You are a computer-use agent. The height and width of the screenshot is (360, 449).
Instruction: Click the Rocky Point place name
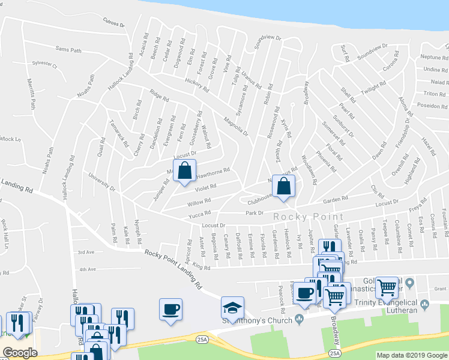(x=309, y=217)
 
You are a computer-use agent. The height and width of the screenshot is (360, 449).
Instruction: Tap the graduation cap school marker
(x=232, y=308)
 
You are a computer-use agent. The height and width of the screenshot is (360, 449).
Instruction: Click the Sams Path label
(x=68, y=50)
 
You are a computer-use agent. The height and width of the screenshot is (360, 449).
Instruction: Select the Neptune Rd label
(x=432, y=56)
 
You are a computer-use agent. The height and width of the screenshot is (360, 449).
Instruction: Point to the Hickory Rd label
(x=196, y=85)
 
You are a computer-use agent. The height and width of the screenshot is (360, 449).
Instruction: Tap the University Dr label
(x=102, y=182)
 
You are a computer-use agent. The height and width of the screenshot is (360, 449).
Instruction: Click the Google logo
(x=20, y=353)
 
